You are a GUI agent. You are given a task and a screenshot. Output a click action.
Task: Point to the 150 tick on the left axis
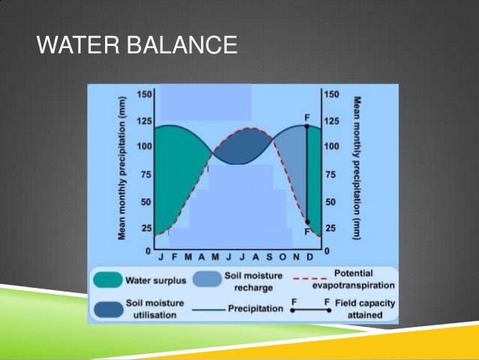(145, 94)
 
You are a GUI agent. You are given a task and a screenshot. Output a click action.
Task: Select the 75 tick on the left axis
(147, 174)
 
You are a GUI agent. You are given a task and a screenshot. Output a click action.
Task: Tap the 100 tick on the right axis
(331, 146)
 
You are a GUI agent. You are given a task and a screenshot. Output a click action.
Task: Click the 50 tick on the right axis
(329, 202)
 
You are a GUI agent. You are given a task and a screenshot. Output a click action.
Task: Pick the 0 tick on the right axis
(327, 249)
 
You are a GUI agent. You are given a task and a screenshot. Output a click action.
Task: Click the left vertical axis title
(122, 169)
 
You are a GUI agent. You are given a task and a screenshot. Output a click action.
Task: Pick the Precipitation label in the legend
(256, 308)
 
